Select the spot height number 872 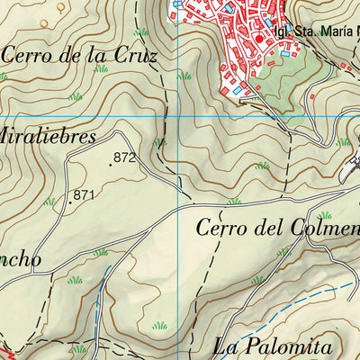[x=124, y=158]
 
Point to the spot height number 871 [x=85, y=194]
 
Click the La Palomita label [x=274, y=345]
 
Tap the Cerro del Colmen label [x=277, y=228]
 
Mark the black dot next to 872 [x=110, y=165]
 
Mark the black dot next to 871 [x=70, y=202]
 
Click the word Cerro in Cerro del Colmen [x=220, y=228]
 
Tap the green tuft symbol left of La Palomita [x=160, y=325]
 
